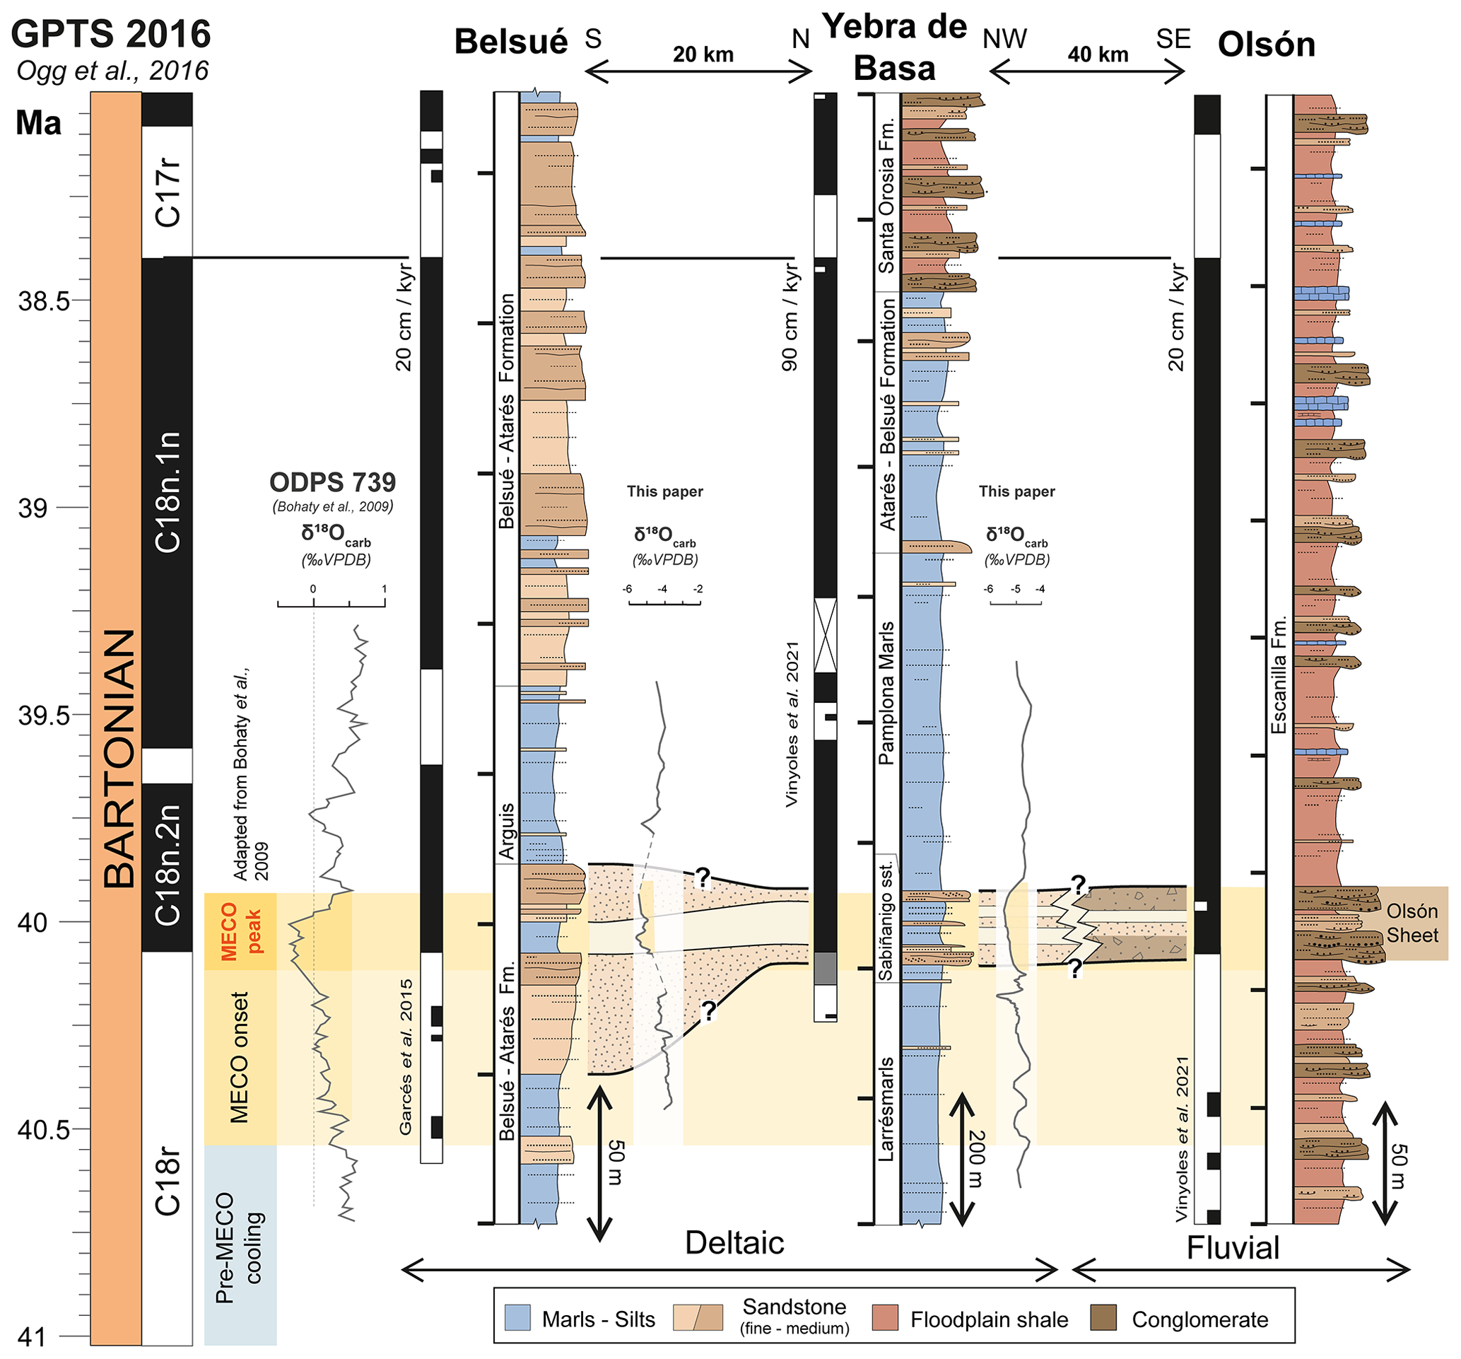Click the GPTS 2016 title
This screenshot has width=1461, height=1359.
tap(111, 35)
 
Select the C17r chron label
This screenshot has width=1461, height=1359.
tap(168, 193)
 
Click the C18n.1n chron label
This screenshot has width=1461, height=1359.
tap(168, 492)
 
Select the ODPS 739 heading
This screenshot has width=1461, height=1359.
tap(332, 483)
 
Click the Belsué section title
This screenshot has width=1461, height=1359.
tap(511, 42)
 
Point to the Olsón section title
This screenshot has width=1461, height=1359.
tap(1265, 45)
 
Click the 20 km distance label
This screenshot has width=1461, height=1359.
tap(703, 54)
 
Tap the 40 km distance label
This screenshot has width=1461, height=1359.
tap(1097, 54)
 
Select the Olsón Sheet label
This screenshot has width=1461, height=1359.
tap(1412, 923)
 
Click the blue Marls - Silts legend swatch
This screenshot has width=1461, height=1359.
tap(517, 1318)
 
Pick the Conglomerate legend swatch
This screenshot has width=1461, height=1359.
tap(1103, 1318)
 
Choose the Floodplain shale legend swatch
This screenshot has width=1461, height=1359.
tap(886, 1318)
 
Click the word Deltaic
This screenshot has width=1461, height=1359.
tap(734, 1242)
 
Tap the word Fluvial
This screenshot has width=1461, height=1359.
tap(1233, 1248)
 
